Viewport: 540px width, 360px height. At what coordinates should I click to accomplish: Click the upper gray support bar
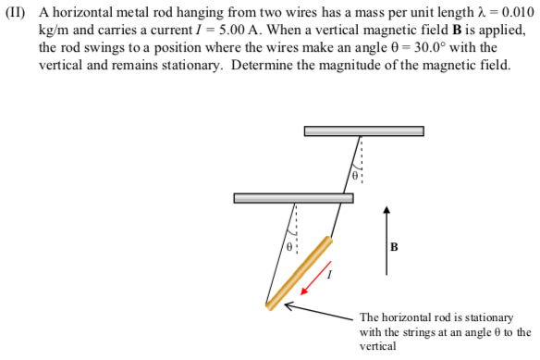(363, 130)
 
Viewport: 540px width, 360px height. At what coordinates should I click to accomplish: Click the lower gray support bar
(293, 197)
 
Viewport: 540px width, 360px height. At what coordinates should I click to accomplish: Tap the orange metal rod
(299, 273)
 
